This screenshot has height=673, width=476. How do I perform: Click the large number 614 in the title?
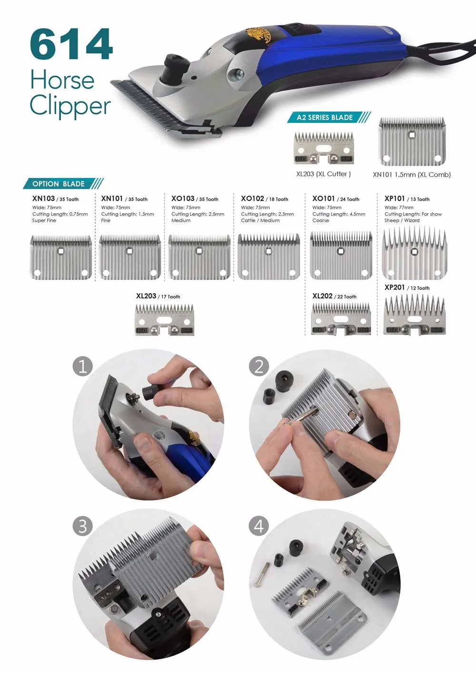click(71, 44)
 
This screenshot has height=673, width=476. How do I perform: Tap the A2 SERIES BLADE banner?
click(329, 117)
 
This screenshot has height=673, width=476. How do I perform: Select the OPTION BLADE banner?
click(63, 184)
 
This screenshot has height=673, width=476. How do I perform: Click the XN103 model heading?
click(44, 198)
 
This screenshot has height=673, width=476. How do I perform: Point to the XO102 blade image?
click(268, 257)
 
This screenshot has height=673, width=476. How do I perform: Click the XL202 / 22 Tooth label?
click(334, 296)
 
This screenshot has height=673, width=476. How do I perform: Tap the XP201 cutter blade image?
click(415, 315)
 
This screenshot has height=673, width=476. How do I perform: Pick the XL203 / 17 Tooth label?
click(158, 296)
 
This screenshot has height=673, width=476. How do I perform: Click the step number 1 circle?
click(83, 366)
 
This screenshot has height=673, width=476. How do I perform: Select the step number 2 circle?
click(259, 366)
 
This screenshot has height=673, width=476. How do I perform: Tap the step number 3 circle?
click(83, 526)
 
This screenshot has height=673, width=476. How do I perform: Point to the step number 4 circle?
click(259, 526)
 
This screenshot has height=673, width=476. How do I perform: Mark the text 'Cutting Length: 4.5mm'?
click(338, 214)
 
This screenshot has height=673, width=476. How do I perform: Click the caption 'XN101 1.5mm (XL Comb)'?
click(412, 175)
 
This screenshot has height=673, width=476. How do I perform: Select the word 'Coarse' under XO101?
click(321, 220)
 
